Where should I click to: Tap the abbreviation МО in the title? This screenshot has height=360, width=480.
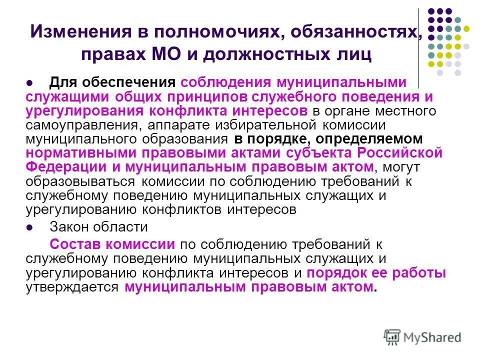174,54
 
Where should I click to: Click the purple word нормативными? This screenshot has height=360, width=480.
81,152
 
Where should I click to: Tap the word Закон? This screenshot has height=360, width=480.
67,227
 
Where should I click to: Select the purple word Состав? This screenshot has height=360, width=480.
70,244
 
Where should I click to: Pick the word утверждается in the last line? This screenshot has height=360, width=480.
72,287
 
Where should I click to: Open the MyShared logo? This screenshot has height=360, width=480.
422,337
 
